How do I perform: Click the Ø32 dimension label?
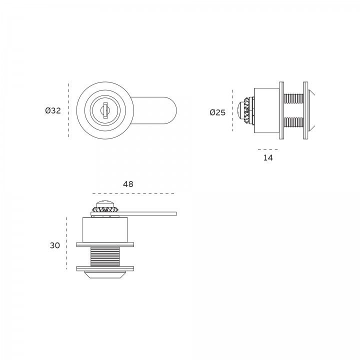click(x=53, y=110)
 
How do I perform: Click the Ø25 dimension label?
click(x=217, y=112)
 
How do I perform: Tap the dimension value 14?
click(x=268, y=157)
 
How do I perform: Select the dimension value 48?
click(x=128, y=184)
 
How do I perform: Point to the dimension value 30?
click(x=55, y=245)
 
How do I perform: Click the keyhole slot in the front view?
click(x=105, y=110)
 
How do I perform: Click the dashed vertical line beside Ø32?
click(x=68, y=110)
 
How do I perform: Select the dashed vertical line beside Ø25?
click(x=232, y=110)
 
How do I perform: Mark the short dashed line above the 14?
click(x=267, y=149)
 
